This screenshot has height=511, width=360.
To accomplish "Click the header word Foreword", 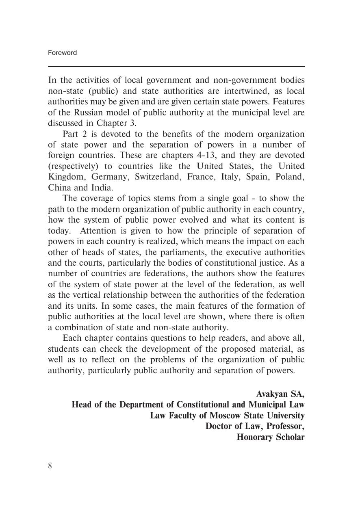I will (x=62, y=53).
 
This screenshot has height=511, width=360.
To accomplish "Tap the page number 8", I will (x=50, y=466).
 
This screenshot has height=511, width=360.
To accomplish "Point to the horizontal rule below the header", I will (x=176, y=67).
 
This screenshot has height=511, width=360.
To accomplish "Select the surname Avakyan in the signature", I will (x=272, y=394).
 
